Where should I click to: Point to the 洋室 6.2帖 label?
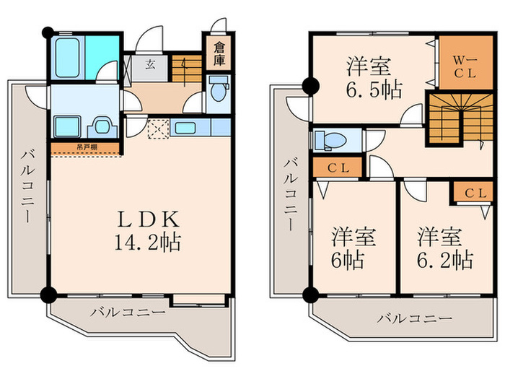(x=443, y=248)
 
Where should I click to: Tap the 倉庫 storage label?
(x=219, y=55)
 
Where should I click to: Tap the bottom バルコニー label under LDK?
(x=128, y=313)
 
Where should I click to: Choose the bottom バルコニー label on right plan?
(x=414, y=318)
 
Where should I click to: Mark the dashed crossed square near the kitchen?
(x=157, y=128)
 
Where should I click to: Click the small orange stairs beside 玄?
(x=186, y=68)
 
